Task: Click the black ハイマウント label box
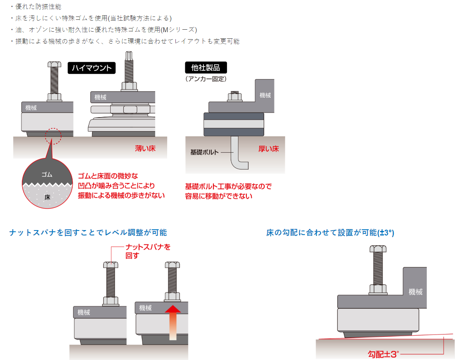point(92,68)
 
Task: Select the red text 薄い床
point(145,148)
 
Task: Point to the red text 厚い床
point(269,148)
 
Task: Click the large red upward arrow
point(173,322)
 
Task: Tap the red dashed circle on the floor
point(52,136)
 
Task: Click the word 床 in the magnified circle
point(47,197)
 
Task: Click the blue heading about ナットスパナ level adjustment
point(88,233)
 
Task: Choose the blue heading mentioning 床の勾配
point(330,233)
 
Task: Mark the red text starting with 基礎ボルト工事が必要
point(228,191)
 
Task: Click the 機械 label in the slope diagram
point(416,292)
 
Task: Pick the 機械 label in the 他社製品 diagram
point(265,95)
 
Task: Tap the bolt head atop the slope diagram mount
point(378,249)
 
